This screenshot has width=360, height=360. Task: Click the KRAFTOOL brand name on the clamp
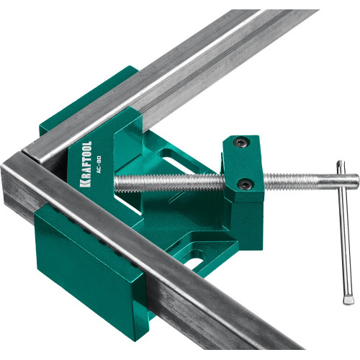click(x=86, y=164)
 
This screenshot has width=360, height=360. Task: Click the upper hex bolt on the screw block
click(x=240, y=143)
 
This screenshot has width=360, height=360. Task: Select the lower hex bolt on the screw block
click(x=246, y=184)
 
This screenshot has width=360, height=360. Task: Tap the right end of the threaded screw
click(x=359, y=179)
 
